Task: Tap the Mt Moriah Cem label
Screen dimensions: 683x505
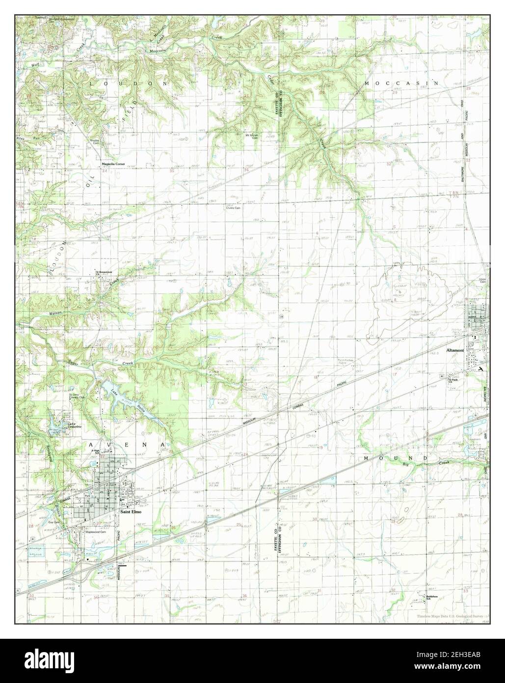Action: [252, 136]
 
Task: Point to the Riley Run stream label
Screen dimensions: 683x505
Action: [25, 139]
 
